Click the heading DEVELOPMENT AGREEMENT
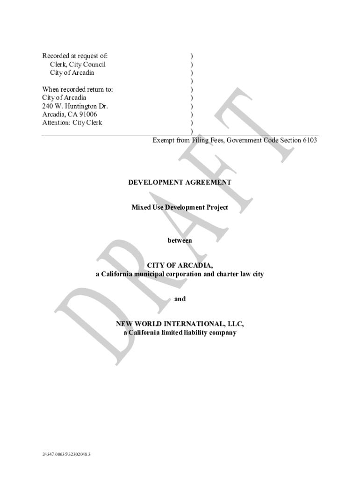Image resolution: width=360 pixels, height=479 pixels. [180, 182]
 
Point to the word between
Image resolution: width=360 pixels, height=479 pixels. [180, 240]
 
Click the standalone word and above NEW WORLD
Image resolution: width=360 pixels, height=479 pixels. [180, 299]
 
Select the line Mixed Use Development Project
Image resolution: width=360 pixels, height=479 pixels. [180, 207]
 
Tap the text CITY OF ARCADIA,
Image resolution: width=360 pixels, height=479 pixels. [180, 266]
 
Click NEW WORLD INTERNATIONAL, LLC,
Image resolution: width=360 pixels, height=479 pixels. [180, 324]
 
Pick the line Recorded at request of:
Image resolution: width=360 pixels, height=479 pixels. [75, 56]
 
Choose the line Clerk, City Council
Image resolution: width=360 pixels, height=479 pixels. [78, 65]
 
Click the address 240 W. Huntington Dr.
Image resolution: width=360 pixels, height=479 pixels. [75, 106]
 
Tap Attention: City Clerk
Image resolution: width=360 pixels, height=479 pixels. [72, 123]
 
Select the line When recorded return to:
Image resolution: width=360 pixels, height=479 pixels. [77, 89]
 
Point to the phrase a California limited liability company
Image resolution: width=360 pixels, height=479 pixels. [180, 333]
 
